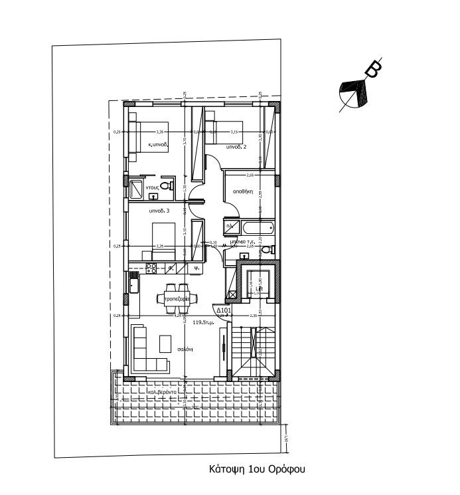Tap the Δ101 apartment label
coord(222,310)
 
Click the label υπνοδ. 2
coord(236,147)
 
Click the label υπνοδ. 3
coord(159,211)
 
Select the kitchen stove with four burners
coord(151,268)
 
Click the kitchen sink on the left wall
coord(134,286)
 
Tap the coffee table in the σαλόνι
coord(165,344)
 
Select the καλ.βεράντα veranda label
coord(162,392)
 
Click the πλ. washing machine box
coord(230,227)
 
